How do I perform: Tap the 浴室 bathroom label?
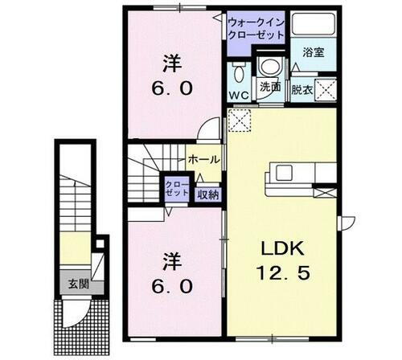312,51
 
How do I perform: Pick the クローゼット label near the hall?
176,188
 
